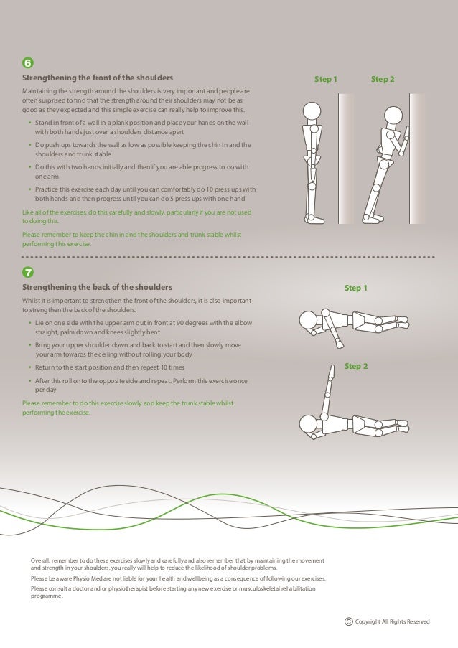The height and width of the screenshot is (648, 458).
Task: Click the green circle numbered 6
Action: pos(28,62)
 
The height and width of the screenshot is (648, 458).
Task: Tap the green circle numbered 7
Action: pos(28,273)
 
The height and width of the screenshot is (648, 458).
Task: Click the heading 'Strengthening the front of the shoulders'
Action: pos(97,78)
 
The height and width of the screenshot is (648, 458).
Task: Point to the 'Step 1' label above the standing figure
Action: pos(326,78)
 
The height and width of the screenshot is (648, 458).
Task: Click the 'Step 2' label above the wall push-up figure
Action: pos(383,78)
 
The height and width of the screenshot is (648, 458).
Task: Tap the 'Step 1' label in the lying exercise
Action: pos(356,288)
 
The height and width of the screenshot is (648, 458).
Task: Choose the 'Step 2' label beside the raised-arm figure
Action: pos(356,366)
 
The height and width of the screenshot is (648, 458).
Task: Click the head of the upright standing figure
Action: pos(311,112)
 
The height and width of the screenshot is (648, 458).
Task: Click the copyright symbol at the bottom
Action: pos(349,621)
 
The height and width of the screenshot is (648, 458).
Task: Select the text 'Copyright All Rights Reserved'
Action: pos(393,621)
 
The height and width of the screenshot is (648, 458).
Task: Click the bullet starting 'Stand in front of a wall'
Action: pos(143,128)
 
